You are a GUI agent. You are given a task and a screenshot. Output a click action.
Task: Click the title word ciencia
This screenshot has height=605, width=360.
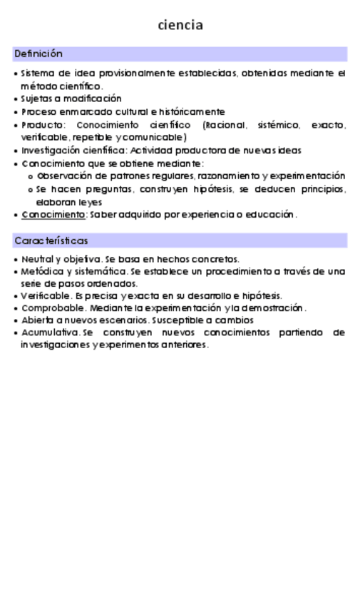180,26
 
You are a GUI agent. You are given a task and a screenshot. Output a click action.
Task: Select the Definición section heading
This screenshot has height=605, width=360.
38,54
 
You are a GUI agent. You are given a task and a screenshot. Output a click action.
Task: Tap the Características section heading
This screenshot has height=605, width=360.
51,240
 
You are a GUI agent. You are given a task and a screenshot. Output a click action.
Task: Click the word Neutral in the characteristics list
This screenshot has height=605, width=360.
37,260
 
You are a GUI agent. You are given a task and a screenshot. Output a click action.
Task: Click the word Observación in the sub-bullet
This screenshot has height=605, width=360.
65,176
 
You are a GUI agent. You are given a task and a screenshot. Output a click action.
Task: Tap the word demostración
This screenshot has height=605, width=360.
274,308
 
